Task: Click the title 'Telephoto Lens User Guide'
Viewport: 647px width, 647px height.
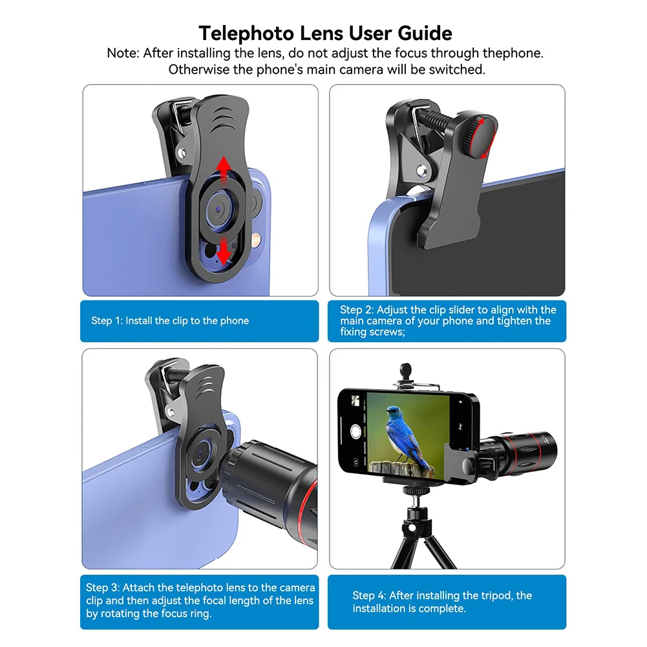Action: (x=325, y=32)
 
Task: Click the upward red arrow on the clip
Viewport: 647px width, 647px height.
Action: (x=222, y=169)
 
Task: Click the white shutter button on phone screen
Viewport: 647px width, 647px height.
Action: (x=355, y=432)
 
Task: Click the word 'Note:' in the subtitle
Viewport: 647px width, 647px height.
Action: (x=123, y=53)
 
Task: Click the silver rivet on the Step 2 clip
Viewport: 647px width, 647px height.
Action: (x=421, y=171)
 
